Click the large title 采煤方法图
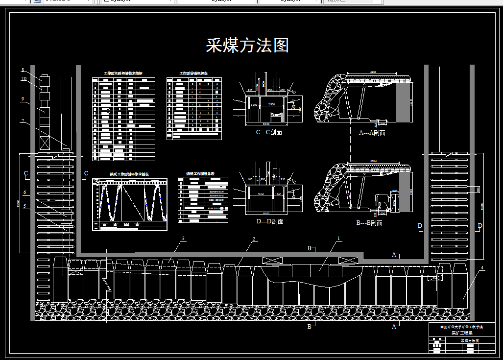247,46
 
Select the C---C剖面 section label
269,132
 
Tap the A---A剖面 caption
372,133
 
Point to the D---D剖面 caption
269,221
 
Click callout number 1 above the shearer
338,239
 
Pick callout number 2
254,239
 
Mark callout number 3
183,239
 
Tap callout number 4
482,268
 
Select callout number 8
23,70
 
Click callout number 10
23,79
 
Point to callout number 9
23,98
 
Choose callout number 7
23,120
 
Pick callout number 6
24,192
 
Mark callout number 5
24,206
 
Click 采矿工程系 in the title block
460,333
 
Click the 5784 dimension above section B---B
375,161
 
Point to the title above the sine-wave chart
129,174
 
